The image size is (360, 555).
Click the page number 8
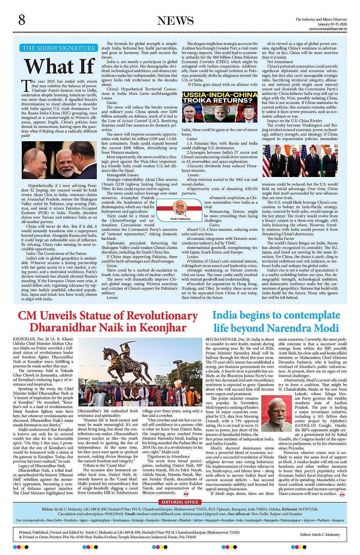pos(22,20)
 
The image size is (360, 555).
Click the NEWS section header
pos(176,21)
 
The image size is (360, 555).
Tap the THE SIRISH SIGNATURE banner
pos(59,48)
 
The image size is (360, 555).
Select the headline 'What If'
pos(60,66)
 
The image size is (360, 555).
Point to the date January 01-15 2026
pos(332,24)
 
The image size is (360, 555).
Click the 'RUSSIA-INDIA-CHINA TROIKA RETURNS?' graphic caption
pos(219,97)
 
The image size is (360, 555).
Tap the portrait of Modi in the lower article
pos(277,413)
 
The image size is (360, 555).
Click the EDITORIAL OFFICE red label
pos(180,502)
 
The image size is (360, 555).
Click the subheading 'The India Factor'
pos(280,238)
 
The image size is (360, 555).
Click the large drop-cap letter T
pos(26,86)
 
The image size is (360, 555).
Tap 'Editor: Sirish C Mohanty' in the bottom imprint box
pos(320,534)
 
